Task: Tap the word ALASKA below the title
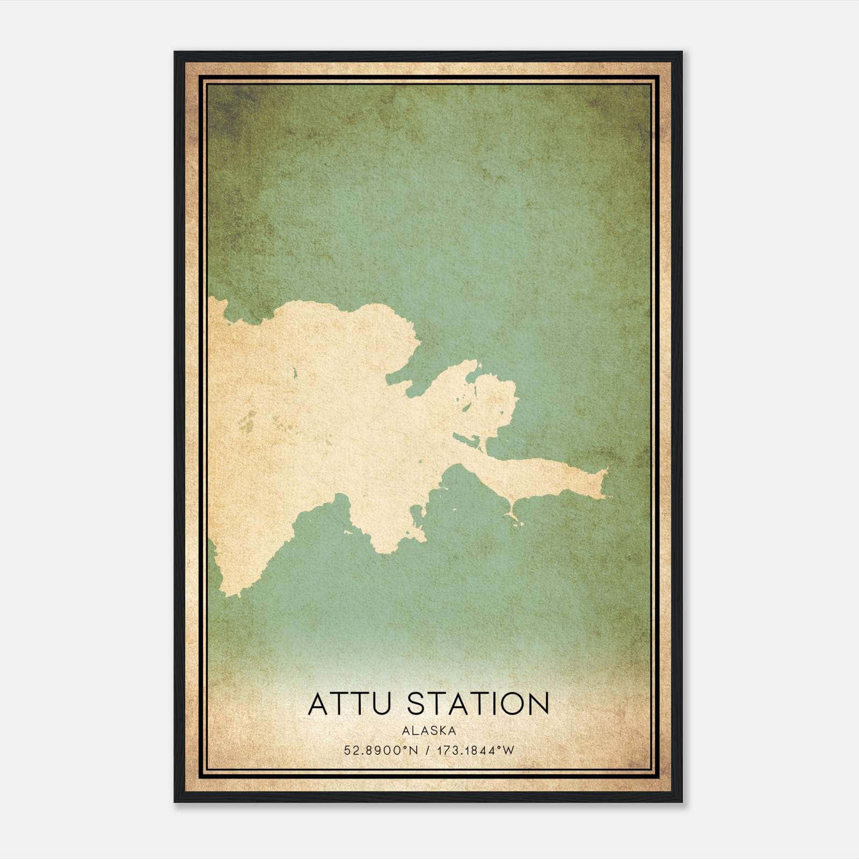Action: (429, 731)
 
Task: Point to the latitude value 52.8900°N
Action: (381, 751)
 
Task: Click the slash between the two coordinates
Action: (427, 751)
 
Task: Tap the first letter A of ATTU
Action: (319, 704)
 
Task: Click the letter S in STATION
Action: (418, 704)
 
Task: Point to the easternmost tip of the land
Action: (608, 471)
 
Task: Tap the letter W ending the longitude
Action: (508, 751)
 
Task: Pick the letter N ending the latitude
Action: (413, 751)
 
